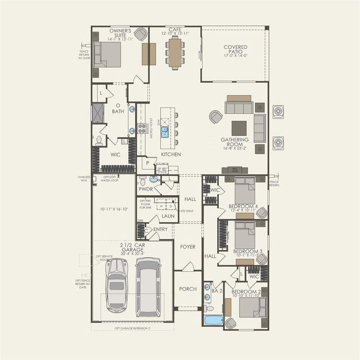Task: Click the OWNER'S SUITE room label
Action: pyautogui.click(x=120, y=33)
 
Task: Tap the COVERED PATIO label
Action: pyautogui.click(x=235, y=50)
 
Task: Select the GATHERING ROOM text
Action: pyautogui.click(x=235, y=142)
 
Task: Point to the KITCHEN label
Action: pyautogui.click(x=171, y=154)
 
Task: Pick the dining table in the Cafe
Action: pyautogui.click(x=174, y=52)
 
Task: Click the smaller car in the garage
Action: pyautogui.click(x=116, y=285)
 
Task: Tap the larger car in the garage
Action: pyautogui.click(x=148, y=287)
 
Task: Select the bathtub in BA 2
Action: pyautogui.click(x=214, y=321)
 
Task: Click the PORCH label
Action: pyautogui.click(x=187, y=289)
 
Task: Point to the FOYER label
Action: pyautogui.click(x=187, y=246)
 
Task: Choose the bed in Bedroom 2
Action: pyautogui.click(x=252, y=308)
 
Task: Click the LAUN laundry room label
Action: pyautogui.click(x=168, y=215)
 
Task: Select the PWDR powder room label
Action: pyautogui.click(x=146, y=190)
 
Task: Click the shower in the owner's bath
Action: pyautogui.click(x=98, y=113)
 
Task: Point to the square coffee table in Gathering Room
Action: pyautogui.click(x=238, y=128)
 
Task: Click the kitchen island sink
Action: pyautogui.click(x=165, y=132)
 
